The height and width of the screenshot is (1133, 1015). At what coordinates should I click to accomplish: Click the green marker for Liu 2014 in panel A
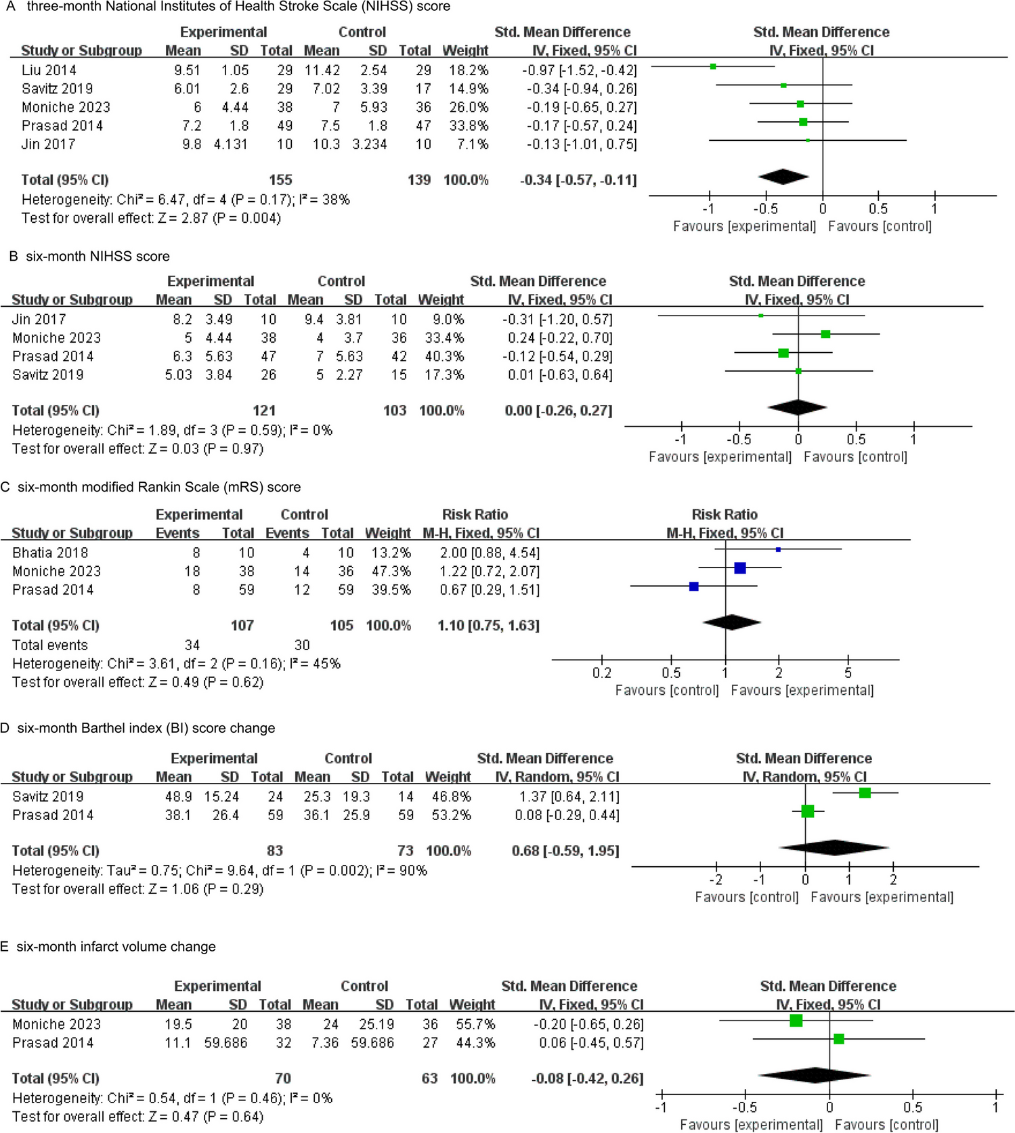pos(713,66)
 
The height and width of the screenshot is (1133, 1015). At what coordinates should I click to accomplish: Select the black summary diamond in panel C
pos(731,622)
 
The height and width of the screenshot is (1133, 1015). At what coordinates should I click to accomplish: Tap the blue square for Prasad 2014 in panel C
pos(693,586)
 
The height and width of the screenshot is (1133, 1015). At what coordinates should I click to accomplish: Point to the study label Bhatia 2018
pos(50,553)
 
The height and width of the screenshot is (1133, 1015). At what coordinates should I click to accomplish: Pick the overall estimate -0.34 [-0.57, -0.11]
pos(578,180)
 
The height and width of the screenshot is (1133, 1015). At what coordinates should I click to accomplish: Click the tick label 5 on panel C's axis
pos(848,673)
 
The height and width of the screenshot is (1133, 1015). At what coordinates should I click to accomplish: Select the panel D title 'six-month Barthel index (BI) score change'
pos(146,728)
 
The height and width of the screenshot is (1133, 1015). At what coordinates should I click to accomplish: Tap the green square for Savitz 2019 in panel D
pos(865,793)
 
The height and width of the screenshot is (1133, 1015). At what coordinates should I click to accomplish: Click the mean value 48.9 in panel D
pos(178,796)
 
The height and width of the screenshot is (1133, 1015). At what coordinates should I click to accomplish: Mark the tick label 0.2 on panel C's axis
pos(601,673)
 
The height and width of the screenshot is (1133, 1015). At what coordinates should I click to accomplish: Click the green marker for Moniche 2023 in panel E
pos(796,1021)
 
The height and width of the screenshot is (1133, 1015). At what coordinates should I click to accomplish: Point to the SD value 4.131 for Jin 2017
pos(231,144)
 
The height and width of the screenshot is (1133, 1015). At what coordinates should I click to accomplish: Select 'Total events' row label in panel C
pos(50,645)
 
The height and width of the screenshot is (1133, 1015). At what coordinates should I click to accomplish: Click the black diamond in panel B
pos(798,408)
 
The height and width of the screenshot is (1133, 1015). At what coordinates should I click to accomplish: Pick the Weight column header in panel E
pos(472,1004)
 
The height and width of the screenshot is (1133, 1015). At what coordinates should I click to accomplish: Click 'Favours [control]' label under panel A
pos(880,226)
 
